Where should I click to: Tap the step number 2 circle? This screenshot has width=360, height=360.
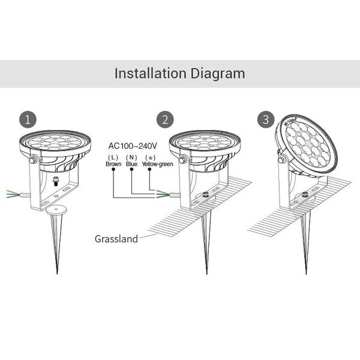[x=164, y=119]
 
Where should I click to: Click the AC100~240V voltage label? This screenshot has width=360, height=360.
[x=133, y=146]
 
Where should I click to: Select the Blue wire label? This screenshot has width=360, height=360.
[x=132, y=163]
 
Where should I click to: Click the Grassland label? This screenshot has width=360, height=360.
[x=116, y=239]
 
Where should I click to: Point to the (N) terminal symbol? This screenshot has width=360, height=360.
[x=132, y=157]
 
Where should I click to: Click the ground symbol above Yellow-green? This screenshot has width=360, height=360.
[x=149, y=157]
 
